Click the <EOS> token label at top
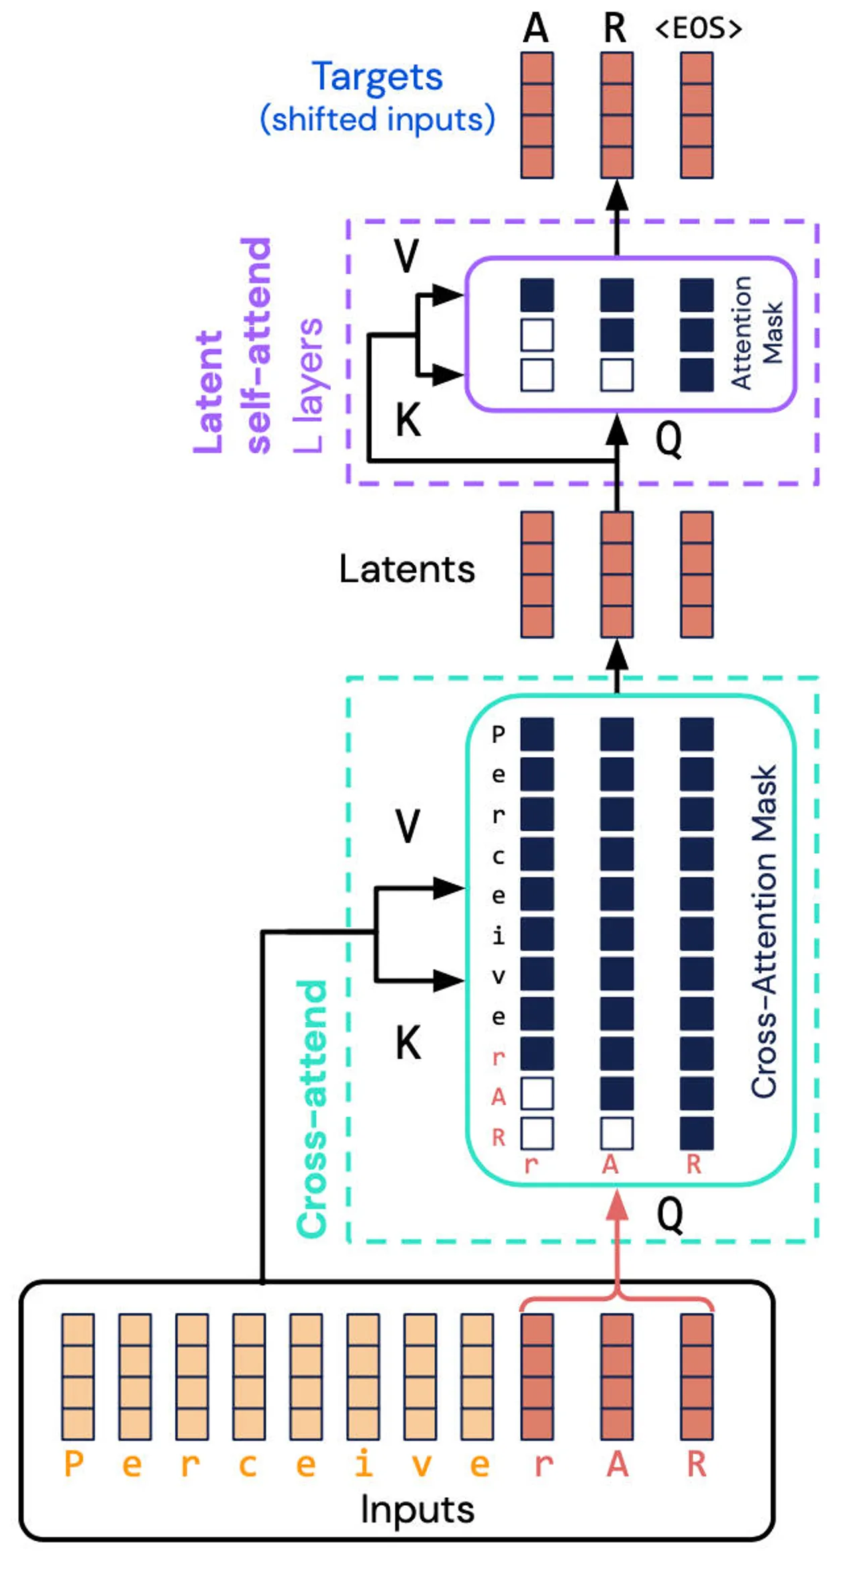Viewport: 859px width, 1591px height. coord(698,29)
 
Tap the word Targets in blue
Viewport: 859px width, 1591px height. coord(377,77)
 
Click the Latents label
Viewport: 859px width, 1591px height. coord(407,569)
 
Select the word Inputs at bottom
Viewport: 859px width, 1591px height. coord(417,1510)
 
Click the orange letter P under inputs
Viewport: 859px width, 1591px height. coord(74,1464)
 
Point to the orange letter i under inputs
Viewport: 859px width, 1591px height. coord(363,1464)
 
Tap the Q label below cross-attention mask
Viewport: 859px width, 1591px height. coord(669,1213)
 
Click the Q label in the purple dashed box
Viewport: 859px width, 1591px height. coord(668,440)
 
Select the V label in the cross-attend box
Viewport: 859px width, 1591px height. coord(407,826)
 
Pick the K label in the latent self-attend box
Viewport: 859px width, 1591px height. coord(408,421)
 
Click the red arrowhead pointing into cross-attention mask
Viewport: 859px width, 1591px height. coord(617,1206)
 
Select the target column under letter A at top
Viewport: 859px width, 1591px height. coord(537,115)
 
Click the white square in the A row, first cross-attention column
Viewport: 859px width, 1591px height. coord(537,1094)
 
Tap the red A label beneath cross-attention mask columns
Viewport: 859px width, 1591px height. coord(609,1164)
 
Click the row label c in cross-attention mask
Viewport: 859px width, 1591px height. coord(498,855)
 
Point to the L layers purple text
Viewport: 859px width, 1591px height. coord(309,385)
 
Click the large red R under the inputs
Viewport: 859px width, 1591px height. coord(697,1464)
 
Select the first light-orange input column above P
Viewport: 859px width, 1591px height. coord(78,1376)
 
